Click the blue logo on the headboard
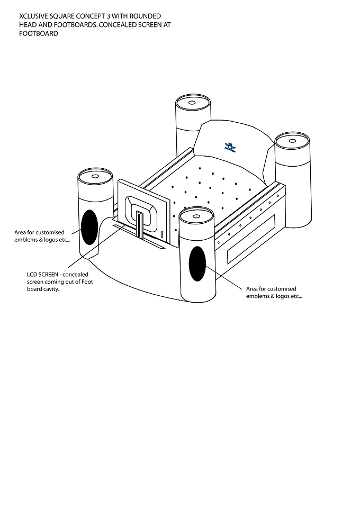(230, 147)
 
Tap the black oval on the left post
(89, 227)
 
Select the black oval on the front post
(197, 263)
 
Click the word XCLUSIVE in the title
(33, 16)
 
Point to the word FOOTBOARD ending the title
(38, 33)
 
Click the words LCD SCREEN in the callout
(42, 274)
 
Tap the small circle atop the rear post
(192, 103)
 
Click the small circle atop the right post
(292, 141)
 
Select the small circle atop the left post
(95, 176)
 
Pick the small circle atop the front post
(196, 216)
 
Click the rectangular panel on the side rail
(251, 239)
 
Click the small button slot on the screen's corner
(162, 234)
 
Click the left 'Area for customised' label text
(39, 232)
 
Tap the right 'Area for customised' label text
(271, 289)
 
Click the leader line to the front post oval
(223, 277)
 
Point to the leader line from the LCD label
(96, 247)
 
